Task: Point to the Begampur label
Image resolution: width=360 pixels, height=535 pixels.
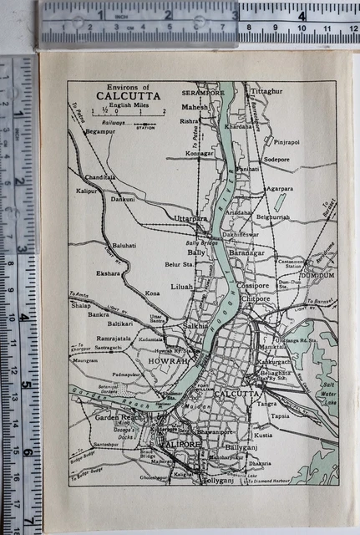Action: (x=99, y=131)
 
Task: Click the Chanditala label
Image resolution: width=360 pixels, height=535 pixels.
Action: (x=99, y=177)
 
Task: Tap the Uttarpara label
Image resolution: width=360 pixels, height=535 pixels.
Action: (x=190, y=218)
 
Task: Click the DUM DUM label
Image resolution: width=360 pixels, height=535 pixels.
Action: (x=317, y=275)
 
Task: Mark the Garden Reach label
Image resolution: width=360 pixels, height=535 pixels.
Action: (x=114, y=416)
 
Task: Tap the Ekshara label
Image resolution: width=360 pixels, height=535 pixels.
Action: (x=108, y=273)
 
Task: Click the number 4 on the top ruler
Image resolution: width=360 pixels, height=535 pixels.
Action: (x=302, y=14)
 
